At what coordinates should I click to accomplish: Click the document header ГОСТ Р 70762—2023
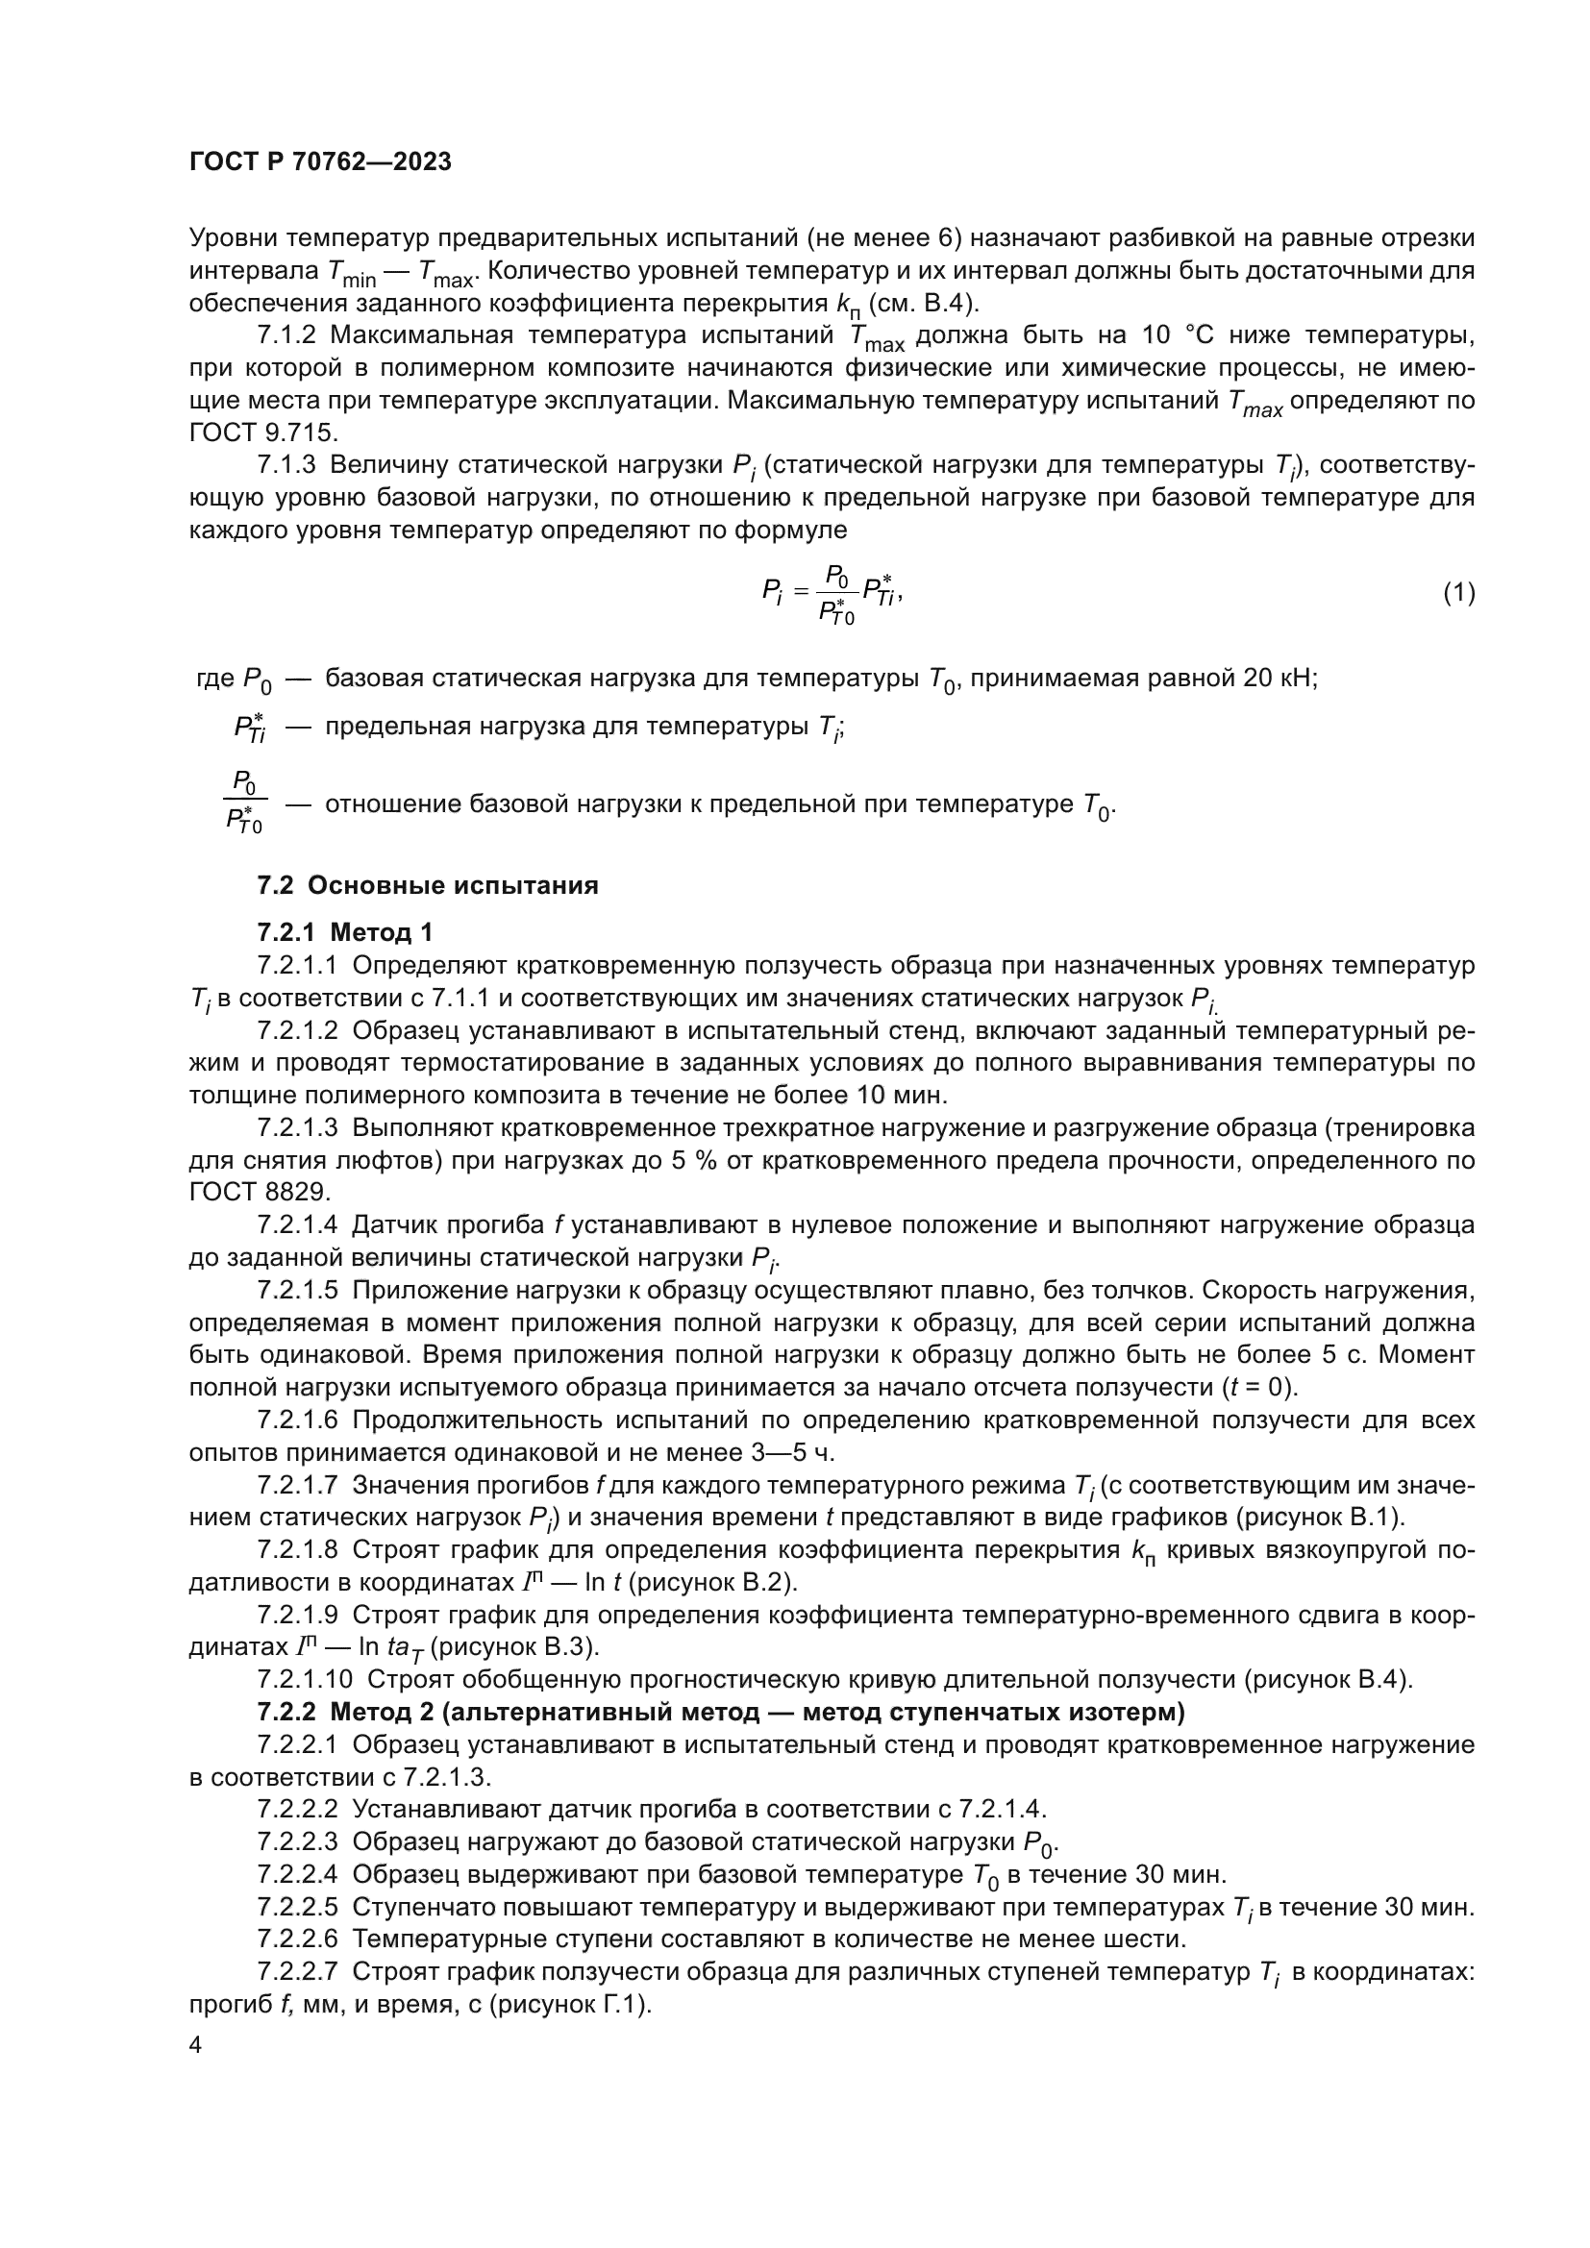(x=320, y=162)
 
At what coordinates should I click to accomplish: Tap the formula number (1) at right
(x=1459, y=592)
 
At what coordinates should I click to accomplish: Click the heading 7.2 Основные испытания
(x=428, y=886)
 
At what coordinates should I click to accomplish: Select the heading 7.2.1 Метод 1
(x=345, y=932)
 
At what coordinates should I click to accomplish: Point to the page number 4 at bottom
(x=196, y=2045)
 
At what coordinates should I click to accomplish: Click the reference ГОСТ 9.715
(x=263, y=432)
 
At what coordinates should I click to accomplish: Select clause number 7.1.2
(x=286, y=335)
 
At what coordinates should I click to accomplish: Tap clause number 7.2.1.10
(x=305, y=1680)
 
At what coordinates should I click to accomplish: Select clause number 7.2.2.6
(x=298, y=1939)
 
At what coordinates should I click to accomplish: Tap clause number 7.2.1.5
(x=298, y=1292)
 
